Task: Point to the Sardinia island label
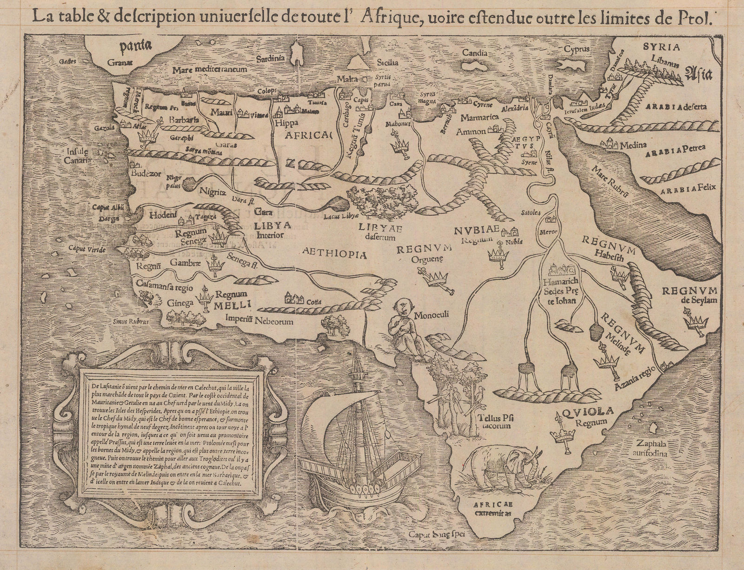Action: tap(272, 59)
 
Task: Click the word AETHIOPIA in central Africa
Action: tap(335, 254)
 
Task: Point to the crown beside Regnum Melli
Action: tap(204, 298)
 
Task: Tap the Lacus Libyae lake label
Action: tap(342, 216)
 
